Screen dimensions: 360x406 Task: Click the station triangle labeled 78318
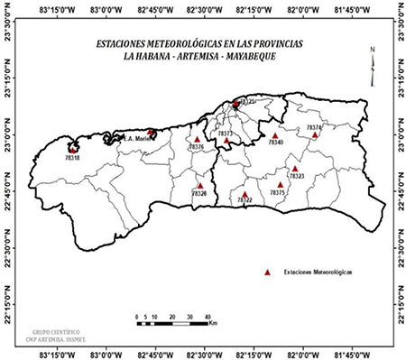(x=72, y=149)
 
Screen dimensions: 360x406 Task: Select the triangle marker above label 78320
(x=200, y=186)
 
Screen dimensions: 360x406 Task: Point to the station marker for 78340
(x=275, y=136)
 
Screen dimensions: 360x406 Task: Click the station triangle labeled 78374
(x=315, y=134)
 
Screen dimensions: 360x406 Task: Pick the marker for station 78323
(x=295, y=168)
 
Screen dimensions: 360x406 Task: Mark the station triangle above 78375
(x=280, y=184)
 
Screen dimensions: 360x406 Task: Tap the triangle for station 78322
(x=245, y=193)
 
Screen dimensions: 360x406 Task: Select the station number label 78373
(x=226, y=134)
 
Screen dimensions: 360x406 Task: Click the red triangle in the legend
(x=267, y=271)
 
